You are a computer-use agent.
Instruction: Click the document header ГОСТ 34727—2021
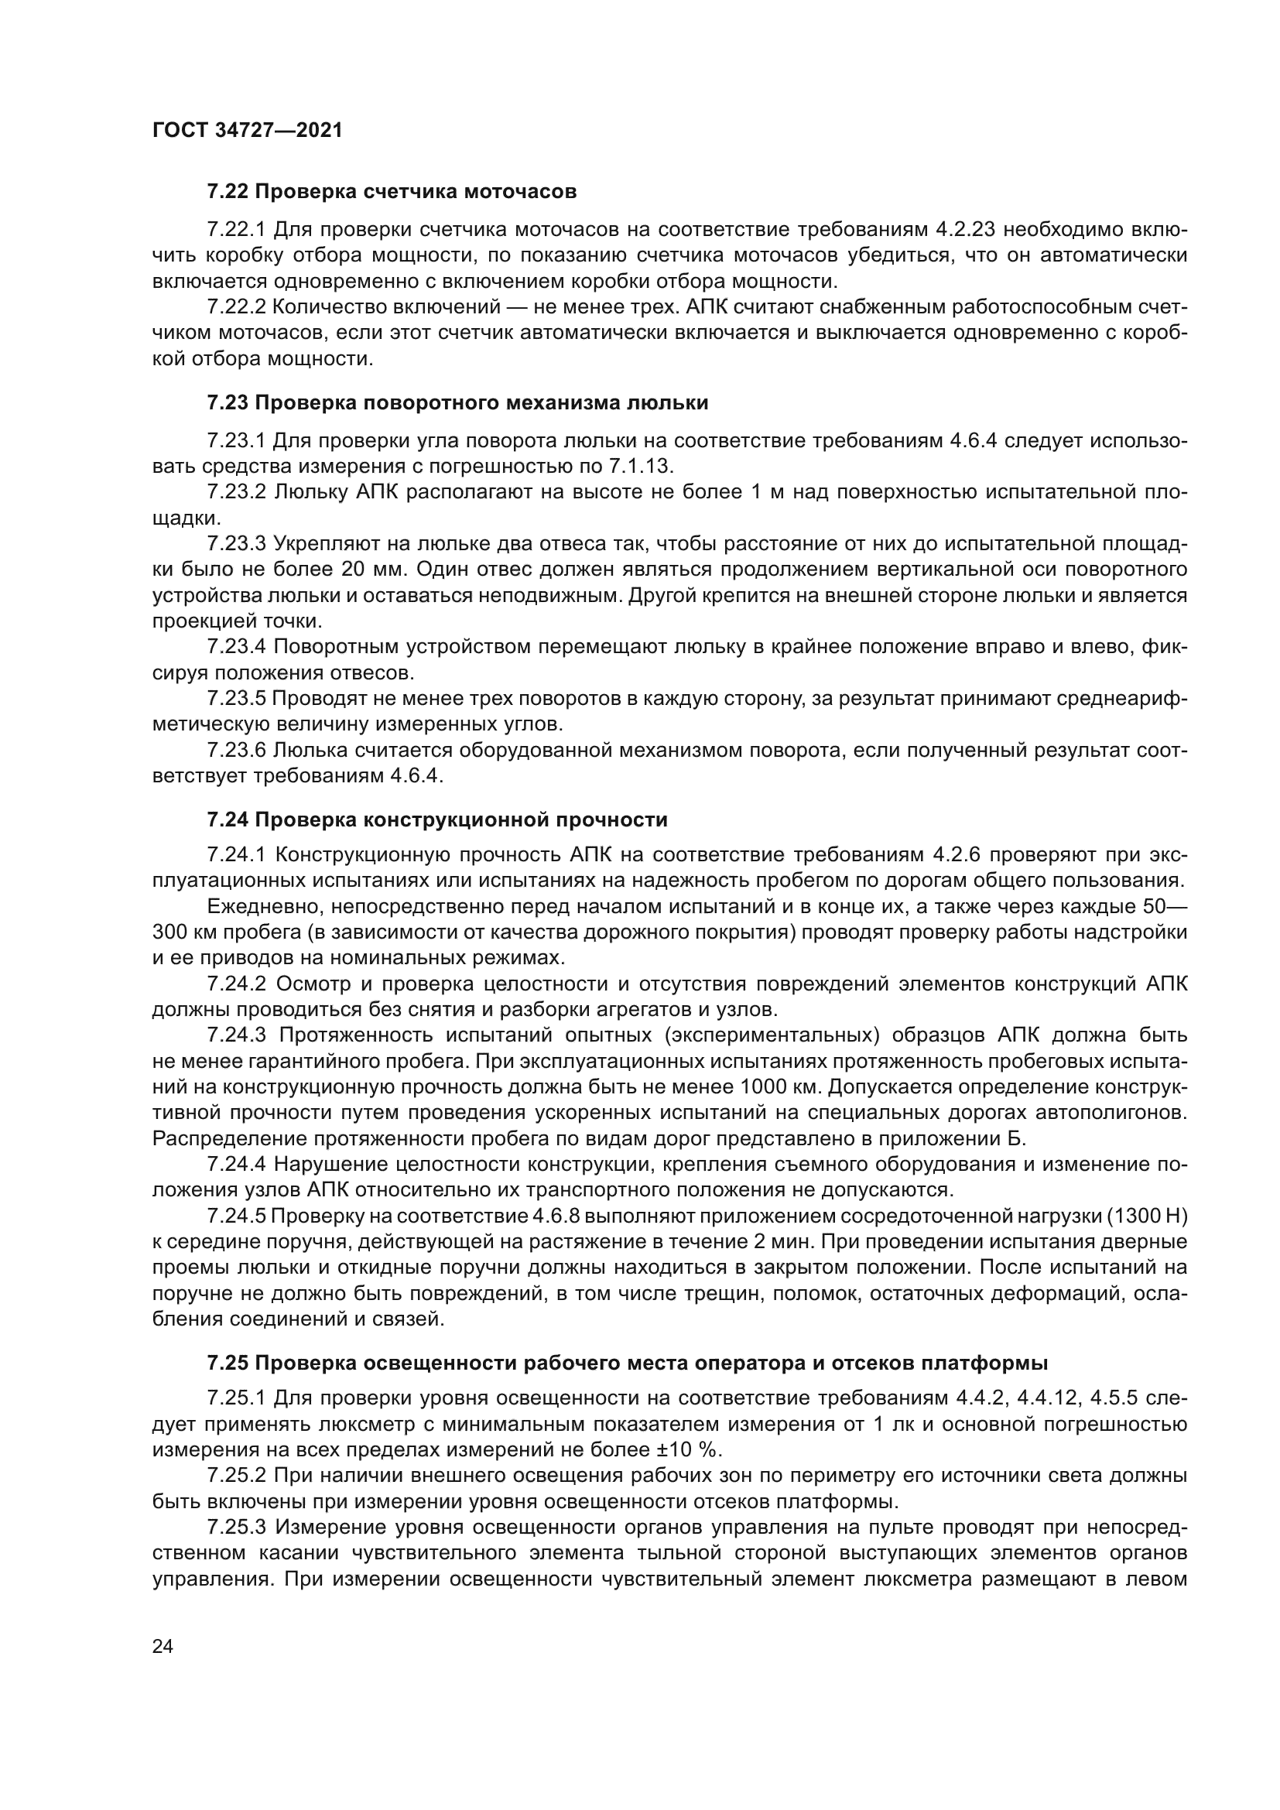point(248,131)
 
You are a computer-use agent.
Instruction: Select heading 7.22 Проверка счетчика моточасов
point(392,192)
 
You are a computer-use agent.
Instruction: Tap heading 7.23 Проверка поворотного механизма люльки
point(457,403)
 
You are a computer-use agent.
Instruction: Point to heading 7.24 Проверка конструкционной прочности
point(436,819)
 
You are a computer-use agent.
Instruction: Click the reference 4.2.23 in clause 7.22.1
point(966,229)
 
